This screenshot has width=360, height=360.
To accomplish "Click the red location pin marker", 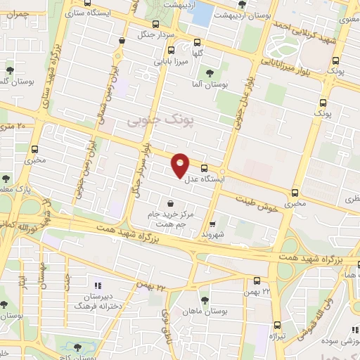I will click(x=181, y=165).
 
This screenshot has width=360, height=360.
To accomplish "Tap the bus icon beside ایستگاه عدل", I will click(x=204, y=168).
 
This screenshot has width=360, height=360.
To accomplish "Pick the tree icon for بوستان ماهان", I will click(x=204, y=300).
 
